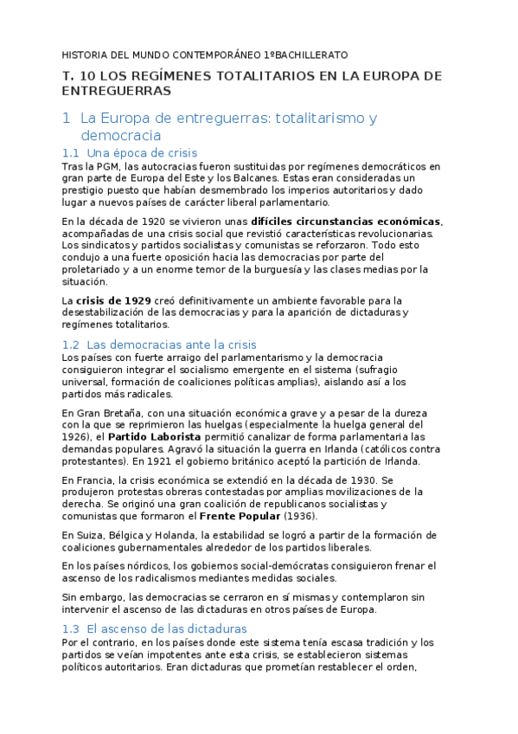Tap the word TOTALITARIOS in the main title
(x=259, y=76)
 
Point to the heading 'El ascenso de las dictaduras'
(x=167, y=628)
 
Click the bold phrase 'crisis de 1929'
(x=113, y=300)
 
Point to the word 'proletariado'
(x=96, y=269)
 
